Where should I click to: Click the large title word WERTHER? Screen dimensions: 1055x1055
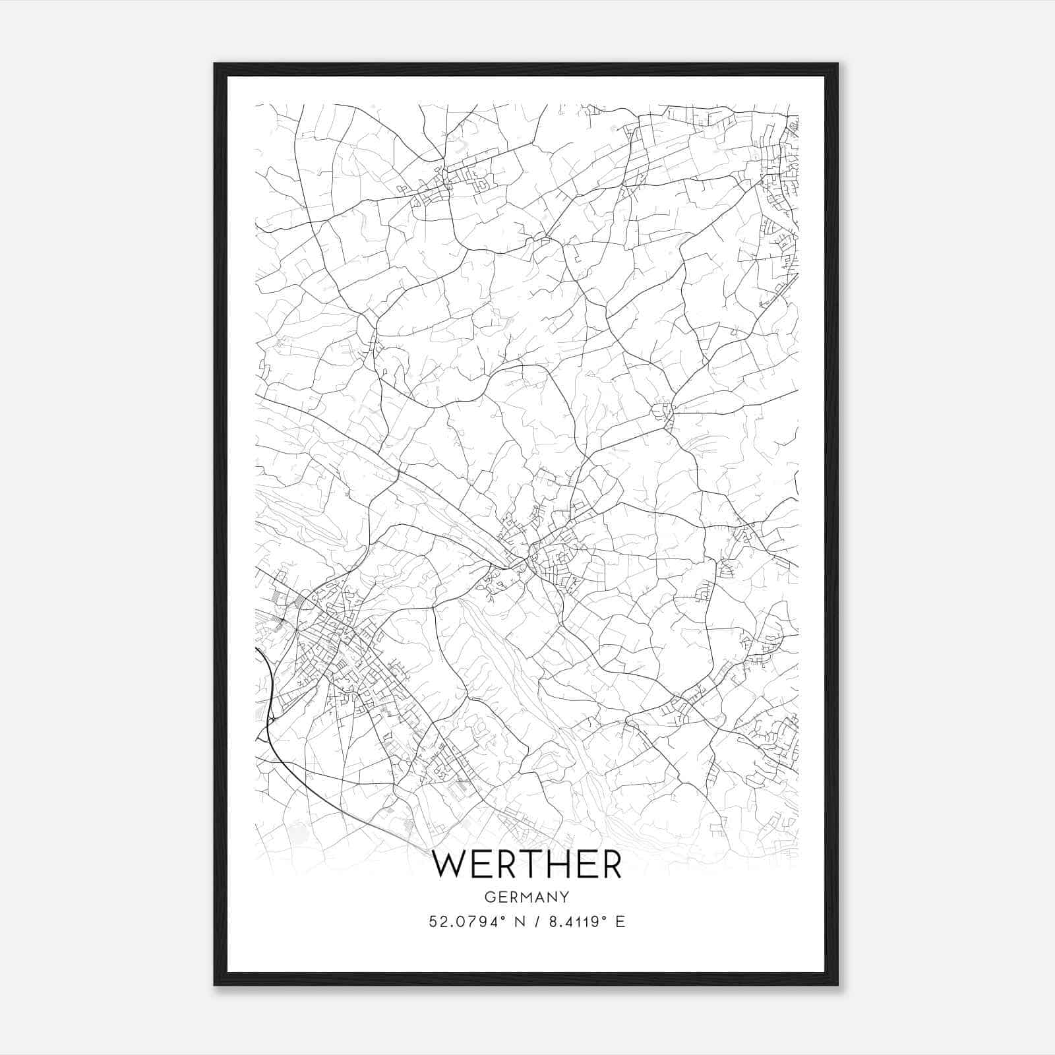[x=527, y=865]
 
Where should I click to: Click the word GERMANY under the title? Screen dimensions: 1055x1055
[x=527, y=897]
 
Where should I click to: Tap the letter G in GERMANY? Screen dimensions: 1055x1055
[x=489, y=897]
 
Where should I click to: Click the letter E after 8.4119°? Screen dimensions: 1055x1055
[x=620, y=922]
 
